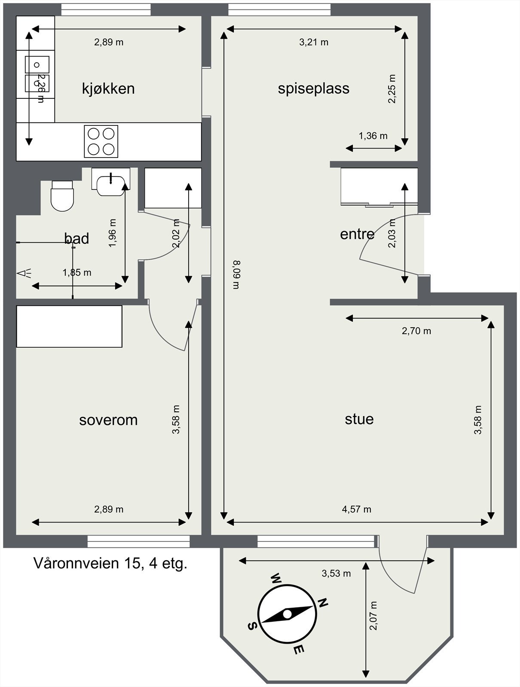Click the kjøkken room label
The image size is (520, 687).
tap(108, 88)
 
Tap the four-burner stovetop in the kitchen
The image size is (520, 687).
tap(101, 141)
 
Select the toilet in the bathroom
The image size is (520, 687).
tap(62, 197)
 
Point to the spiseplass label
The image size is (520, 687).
tap(313, 88)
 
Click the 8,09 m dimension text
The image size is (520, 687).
tap(236, 275)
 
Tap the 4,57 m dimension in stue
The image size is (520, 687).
tap(356, 509)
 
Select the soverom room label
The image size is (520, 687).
tap(108, 419)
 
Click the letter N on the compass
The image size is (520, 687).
tap(323, 602)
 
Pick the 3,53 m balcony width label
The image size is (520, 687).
tap(336, 573)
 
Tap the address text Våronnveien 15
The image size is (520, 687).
tap(110, 563)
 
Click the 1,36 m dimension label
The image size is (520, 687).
tap(373, 136)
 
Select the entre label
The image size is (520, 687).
tap(357, 234)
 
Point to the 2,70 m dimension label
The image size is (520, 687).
tap(416, 331)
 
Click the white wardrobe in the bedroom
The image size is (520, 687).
tap(69, 326)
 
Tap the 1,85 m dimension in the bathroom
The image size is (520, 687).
tap(77, 272)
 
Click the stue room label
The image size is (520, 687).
tap(359, 419)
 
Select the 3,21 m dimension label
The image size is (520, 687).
tap(313, 42)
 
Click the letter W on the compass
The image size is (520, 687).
tap(275, 578)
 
